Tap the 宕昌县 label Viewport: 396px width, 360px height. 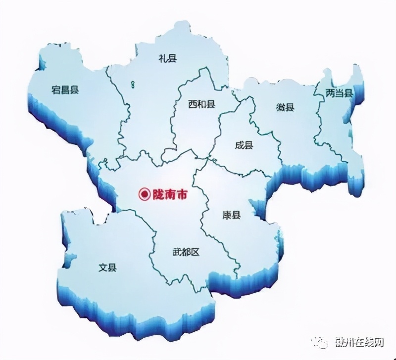(65, 90)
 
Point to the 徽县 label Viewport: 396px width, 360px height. (285, 107)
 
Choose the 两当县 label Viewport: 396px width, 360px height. (339, 92)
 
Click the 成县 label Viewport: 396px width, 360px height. (244, 145)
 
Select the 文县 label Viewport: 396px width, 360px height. (107, 268)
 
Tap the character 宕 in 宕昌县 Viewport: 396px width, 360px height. (56, 90)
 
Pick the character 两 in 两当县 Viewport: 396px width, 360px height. (330, 92)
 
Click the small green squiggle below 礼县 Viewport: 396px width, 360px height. (133, 85)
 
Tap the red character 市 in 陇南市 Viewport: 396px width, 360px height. (182, 195)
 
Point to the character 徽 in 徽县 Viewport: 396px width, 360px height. (280, 107)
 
